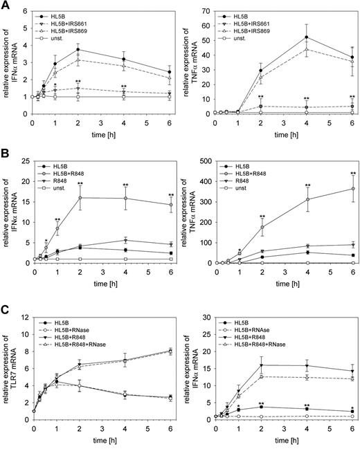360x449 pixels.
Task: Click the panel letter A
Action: click(6, 6)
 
